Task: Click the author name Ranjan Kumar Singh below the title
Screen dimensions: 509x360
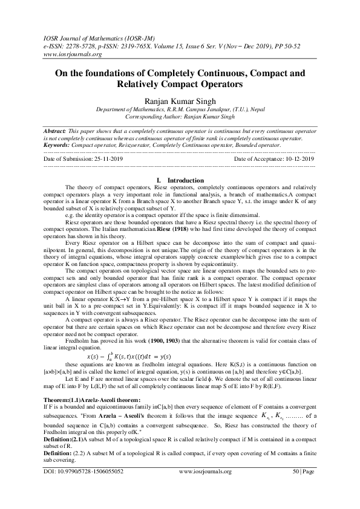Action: [x=179, y=100]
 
